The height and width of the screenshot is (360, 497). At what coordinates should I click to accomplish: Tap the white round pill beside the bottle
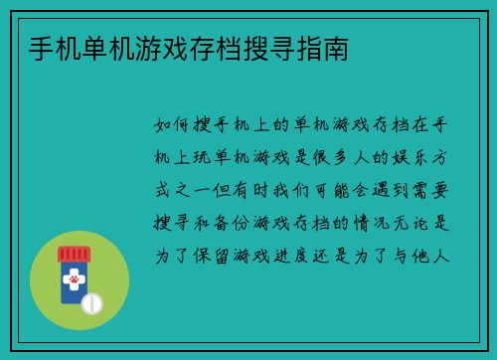click(x=92, y=302)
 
